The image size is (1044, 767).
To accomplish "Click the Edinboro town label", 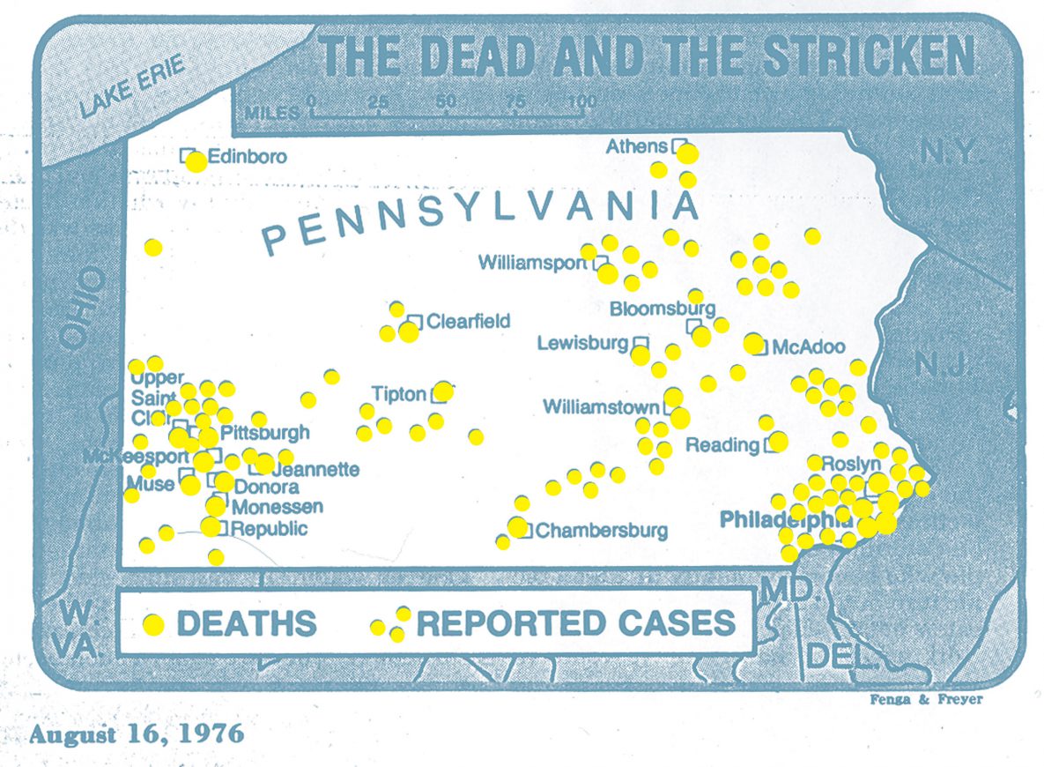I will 248,156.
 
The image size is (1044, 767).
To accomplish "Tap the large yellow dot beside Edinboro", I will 196,161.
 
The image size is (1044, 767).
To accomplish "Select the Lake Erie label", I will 131,86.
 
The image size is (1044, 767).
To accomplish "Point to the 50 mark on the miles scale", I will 446,101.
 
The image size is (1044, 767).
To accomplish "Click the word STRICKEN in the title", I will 869,56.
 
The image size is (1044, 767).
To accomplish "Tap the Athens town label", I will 636,146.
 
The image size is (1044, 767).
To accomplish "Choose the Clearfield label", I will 468,321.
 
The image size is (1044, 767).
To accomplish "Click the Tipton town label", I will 398,394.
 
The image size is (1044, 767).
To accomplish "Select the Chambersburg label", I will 601,531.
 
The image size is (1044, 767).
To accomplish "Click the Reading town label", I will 722,444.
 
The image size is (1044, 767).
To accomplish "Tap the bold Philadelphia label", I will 784,521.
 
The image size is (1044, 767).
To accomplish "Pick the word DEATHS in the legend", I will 247,623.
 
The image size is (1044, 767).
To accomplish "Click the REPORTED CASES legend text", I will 575,622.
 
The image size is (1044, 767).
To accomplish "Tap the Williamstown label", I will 601,407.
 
